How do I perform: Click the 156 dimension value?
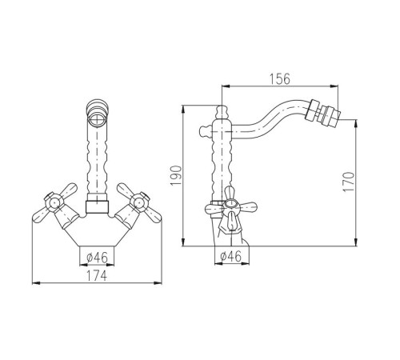tap(279, 79)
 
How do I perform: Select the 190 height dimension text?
tap(176, 175)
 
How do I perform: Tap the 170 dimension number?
tap(349, 182)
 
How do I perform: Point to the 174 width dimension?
tap(97, 275)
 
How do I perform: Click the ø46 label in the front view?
tap(97, 258)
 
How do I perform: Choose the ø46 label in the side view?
tap(231, 257)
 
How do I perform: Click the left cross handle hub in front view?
tap(54, 204)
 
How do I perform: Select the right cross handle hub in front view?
tap(138, 204)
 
